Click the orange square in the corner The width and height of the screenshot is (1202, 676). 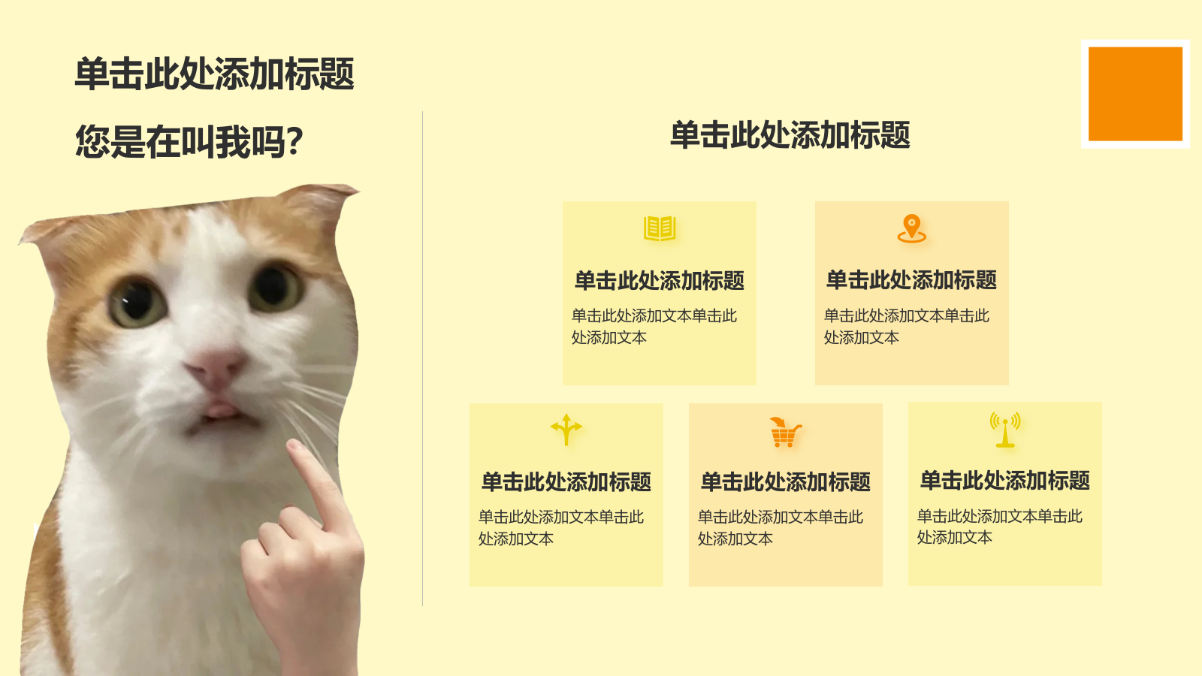[1135, 94]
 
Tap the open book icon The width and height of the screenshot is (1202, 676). [660, 228]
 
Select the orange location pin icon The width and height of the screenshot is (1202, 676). [912, 228]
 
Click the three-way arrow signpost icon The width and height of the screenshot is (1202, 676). [566, 429]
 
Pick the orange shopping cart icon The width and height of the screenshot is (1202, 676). [786, 432]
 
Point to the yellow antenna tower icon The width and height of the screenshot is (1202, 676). [1005, 429]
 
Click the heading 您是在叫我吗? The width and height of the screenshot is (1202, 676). [189, 142]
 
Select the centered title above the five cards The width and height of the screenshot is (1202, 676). [790, 134]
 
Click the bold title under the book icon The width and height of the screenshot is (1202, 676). [660, 281]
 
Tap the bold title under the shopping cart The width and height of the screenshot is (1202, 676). [786, 481]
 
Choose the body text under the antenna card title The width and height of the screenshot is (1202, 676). [1000, 527]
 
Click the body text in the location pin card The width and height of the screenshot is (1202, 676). [906, 326]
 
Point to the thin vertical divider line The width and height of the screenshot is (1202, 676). [423, 358]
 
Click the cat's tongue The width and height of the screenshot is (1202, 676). [222, 410]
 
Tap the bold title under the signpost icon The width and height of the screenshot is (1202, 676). [566, 481]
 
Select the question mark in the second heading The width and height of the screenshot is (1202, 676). [294, 142]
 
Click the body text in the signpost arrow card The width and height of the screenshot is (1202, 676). [560, 527]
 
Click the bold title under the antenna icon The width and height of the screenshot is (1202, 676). [1005, 480]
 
